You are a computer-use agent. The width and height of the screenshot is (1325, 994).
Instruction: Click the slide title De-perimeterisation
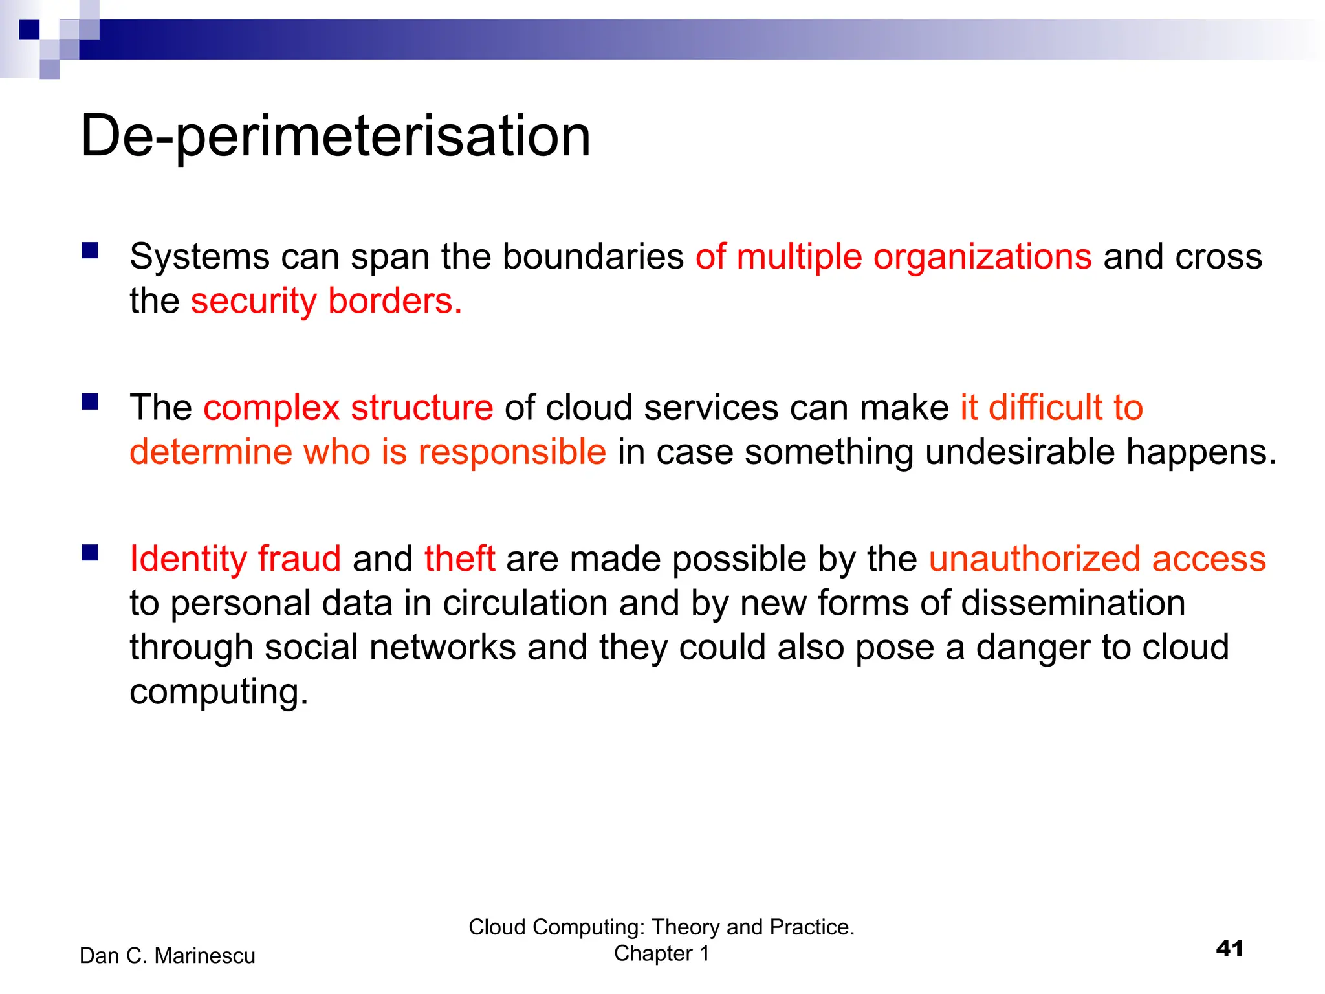(x=335, y=136)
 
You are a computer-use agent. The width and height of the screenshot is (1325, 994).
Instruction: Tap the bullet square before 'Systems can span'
(x=90, y=250)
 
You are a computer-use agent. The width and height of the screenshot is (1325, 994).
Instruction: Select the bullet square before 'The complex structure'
(x=90, y=402)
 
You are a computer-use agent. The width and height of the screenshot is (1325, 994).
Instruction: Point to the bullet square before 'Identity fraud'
(x=90, y=553)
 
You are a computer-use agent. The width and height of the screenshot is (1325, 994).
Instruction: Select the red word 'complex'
(x=271, y=409)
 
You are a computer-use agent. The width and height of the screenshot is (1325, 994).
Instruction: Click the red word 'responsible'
(x=512, y=452)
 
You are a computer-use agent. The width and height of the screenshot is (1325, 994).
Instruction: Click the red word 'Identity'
(x=188, y=560)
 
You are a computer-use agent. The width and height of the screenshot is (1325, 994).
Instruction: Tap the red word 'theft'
(x=459, y=558)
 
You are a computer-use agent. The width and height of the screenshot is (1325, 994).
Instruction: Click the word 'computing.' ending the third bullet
(x=219, y=692)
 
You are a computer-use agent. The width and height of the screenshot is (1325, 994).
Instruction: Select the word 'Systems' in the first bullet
(x=199, y=258)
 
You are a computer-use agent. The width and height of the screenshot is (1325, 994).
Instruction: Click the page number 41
(x=1229, y=949)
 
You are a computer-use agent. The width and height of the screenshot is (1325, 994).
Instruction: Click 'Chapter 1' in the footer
(x=661, y=954)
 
